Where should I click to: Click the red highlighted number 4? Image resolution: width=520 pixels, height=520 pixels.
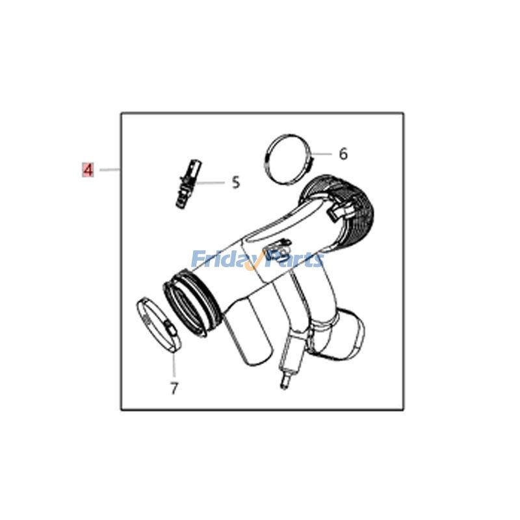[88, 170]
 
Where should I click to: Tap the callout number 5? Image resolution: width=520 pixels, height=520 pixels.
[235, 183]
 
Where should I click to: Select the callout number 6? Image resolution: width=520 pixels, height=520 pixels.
[343, 154]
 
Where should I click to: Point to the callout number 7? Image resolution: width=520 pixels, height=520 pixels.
[174, 388]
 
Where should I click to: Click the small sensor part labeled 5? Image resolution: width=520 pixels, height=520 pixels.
[188, 185]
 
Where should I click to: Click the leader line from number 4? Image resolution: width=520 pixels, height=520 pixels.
[110, 170]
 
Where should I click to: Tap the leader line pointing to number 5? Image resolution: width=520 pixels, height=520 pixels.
[211, 183]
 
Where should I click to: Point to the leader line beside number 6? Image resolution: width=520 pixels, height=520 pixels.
[322, 154]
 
